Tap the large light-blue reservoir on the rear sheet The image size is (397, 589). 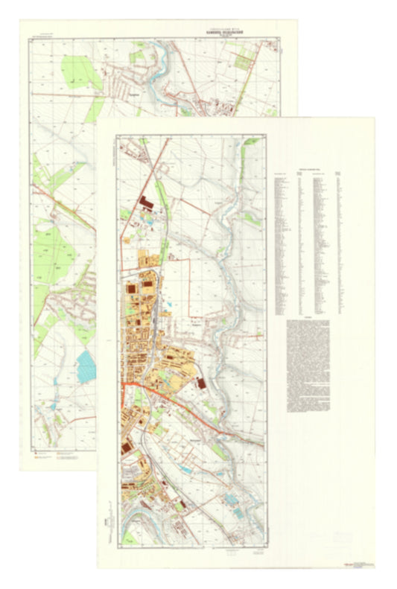click(x=86, y=366)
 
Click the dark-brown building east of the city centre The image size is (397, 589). click(x=200, y=382)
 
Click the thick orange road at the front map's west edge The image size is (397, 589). click(x=127, y=383)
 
